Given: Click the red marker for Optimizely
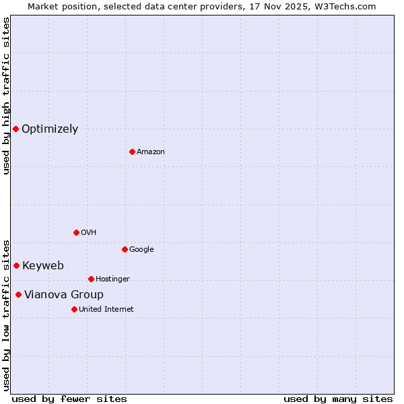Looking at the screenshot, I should tap(15, 129).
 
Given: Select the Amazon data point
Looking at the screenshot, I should tap(132, 151).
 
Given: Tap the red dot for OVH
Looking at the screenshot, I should tap(76, 232).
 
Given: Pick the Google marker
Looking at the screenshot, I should tap(125, 249).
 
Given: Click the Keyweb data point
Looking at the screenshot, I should tap(16, 265).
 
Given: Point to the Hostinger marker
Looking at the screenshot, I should tap(91, 279).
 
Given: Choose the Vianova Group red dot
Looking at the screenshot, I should tap(18, 294).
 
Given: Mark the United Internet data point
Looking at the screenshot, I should tap(74, 309).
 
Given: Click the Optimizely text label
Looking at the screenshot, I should tap(50, 129).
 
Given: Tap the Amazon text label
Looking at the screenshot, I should tap(151, 152).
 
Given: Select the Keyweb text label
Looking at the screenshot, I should tap(43, 266).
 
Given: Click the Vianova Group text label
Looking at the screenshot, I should tap(64, 295).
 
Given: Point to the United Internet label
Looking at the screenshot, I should tap(106, 310).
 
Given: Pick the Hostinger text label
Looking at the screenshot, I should tap(112, 279).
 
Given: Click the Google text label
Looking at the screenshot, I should tap(141, 250).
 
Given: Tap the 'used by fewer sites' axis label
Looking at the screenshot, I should tap(69, 399).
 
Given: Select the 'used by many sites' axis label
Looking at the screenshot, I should tap(338, 399).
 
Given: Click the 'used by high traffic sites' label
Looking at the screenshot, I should tap(6, 96).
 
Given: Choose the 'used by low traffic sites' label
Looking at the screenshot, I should tap(6, 314).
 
